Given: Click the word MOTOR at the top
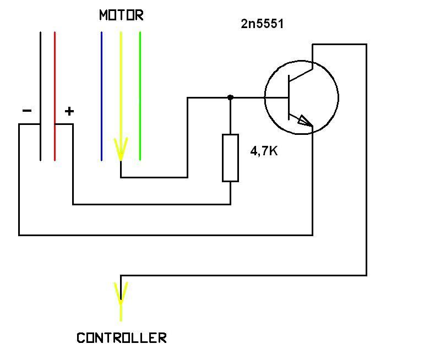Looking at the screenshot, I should click(x=121, y=15).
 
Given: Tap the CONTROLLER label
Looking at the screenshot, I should click(x=121, y=337).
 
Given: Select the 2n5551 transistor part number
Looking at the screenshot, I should click(x=262, y=24).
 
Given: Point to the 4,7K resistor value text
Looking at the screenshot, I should click(x=264, y=151).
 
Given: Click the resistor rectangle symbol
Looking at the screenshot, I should click(x=230, y=157).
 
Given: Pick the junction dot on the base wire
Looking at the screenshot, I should click(x=230, y=97).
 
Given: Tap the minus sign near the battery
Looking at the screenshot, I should click(x=27, y=111).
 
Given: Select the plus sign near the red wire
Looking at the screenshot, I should click(x=69, y=111).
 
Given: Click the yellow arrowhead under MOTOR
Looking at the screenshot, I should click(x=121, y=148).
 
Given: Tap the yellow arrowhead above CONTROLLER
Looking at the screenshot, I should click(x=121, y=292).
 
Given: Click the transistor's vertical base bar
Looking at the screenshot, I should click(x=288, y=97).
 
